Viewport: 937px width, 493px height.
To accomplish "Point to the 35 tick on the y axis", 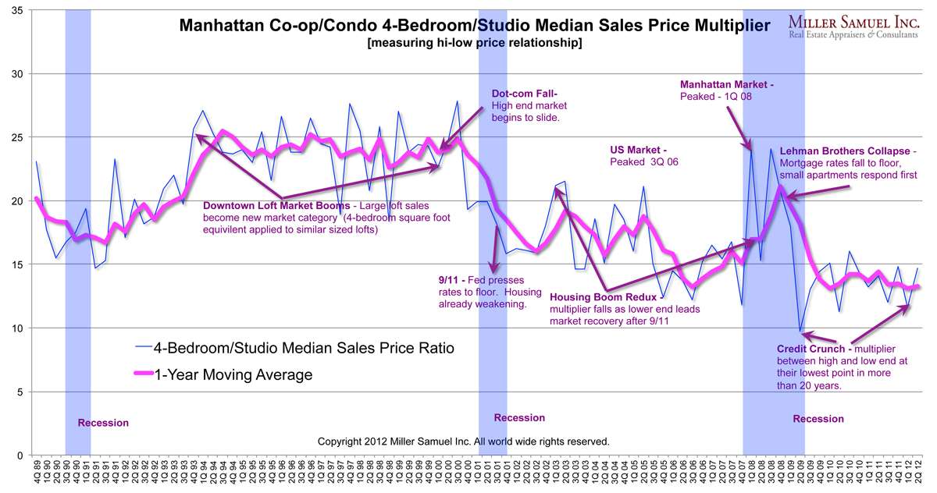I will [x=16, y=10].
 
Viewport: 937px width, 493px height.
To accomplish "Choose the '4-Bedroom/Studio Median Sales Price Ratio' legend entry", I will [x=304, y=347].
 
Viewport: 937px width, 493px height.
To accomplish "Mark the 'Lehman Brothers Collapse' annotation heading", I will [x=847, y=151].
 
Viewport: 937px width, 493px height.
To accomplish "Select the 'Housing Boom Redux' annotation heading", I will [x=599, y=296].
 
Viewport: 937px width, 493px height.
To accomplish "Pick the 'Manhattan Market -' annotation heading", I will [x=727, y=84].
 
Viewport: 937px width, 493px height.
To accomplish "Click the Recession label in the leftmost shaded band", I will [x=103, y=423].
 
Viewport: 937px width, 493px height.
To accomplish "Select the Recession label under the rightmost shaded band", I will [x=818, y=419].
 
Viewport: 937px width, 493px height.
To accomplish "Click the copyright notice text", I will [x=463, y=442].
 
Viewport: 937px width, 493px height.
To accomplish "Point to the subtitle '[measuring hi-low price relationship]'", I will [x=474, y=44].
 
